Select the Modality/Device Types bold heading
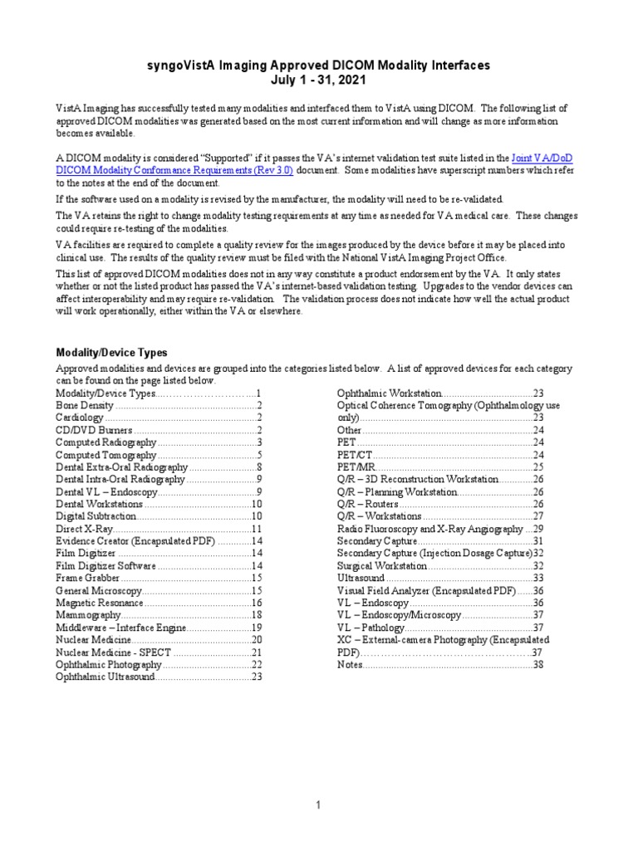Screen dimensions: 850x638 coord(111,352)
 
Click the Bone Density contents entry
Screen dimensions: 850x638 coord(84,405)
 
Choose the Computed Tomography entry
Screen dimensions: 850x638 coord(106,455)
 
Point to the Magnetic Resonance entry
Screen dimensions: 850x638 coord(99,602)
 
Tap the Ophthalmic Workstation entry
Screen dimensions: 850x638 coord(388,393)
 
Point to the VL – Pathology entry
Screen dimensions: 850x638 coord(371,628)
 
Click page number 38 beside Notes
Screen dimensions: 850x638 coord(538,665)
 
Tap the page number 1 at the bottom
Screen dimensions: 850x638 coord(319,804)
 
